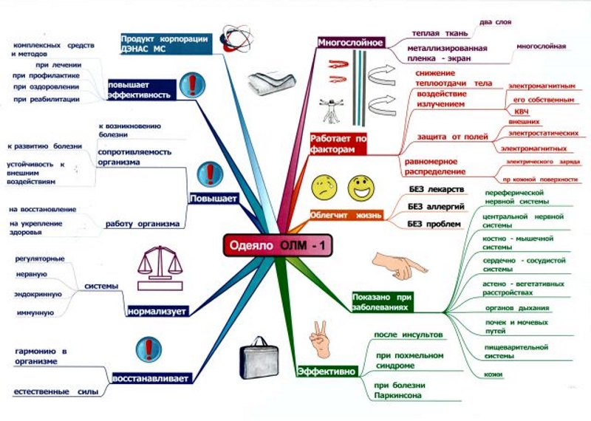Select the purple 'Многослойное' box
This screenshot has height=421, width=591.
click(x=350, y=42)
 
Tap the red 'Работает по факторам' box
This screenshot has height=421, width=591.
click(x=339, y=143)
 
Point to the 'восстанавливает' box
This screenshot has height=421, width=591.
click(x=151, y=378)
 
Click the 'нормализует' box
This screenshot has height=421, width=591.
click(x=157, y=311)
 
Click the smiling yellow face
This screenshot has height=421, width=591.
click(x=361, y=185)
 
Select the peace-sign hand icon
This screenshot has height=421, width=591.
click(x=320, y=336)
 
